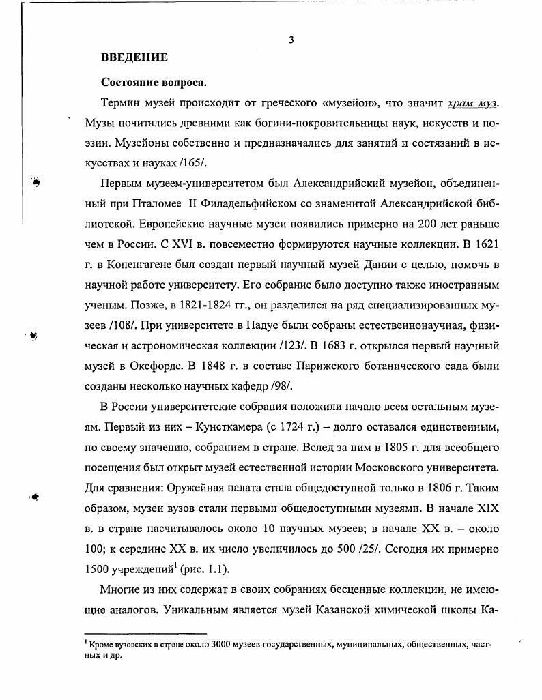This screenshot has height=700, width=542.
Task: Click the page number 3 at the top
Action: [x=291, y=40]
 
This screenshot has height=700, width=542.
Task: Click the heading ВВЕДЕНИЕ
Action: [x=134, y=57]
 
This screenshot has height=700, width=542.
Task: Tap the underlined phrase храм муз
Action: [x=472, y=103]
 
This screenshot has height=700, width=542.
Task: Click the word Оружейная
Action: [x=197, y=489]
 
